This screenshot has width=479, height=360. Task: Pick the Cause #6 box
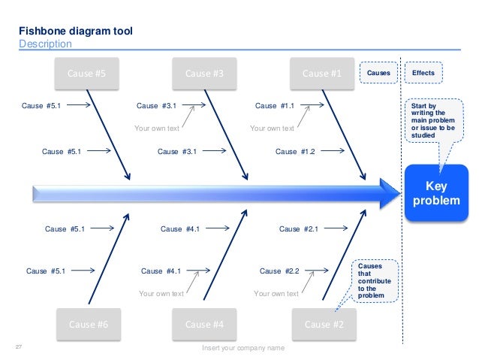(88, 325)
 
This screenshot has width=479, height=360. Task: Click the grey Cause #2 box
(324, 325)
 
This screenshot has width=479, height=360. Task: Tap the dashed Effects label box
(423, 73)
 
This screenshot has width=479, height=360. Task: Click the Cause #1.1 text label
(275, 106)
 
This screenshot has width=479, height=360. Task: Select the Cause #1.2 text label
(295, 151)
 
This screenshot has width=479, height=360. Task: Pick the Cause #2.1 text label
(299, 228)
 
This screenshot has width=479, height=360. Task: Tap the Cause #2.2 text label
(279, 271)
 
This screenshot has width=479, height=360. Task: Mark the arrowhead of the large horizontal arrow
(389, 194)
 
